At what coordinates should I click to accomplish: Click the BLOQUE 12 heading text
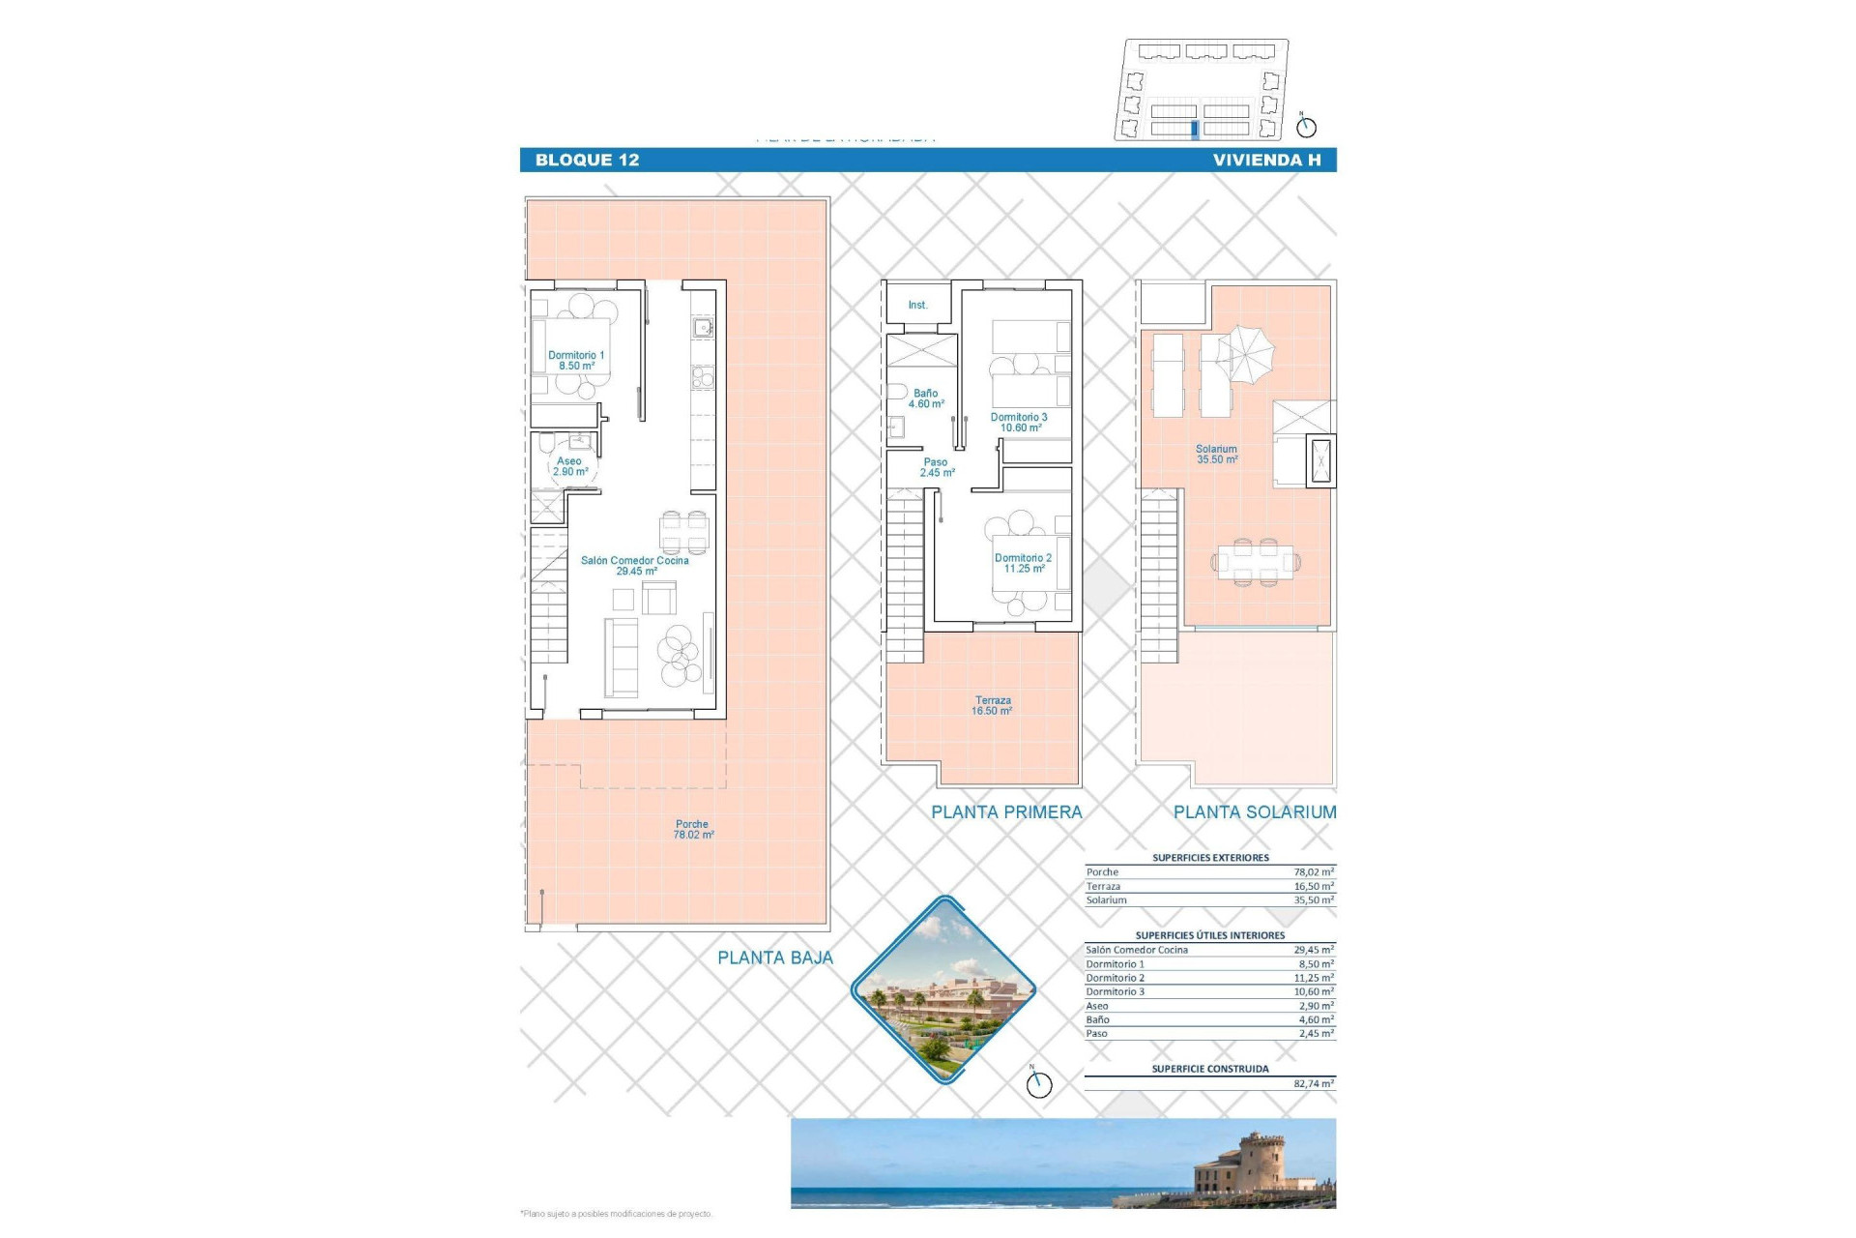pos(587,161)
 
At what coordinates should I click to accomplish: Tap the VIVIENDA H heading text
pos(1266,161)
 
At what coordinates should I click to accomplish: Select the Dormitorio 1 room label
pos(576,361)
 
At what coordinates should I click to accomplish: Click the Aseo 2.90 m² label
pos(570,466)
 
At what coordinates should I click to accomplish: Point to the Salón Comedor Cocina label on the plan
pos(635,566)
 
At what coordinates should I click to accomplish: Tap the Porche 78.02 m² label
pos(693,830)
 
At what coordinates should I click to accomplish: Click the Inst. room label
pos(917,306)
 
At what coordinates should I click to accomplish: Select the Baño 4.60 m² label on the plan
pos(926,398)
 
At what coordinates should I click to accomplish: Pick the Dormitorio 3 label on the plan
pos(1019,423)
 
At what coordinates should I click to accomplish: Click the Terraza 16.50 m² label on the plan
pos(992,706)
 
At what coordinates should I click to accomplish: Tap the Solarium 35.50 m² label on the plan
pos(1216,455)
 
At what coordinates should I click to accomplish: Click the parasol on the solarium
pos(1246,354)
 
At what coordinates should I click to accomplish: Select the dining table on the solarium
pos(1255,562)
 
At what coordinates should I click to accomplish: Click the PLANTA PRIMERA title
pos(1006,812)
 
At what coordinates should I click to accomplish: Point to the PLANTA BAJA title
pos(774,958)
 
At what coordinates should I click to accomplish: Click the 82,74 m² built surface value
pos(1313,1084)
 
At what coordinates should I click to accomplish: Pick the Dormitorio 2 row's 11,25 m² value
pos(1313,978)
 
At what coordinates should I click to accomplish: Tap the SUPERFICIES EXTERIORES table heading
pos(1210,858)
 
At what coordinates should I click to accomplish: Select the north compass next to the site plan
pos(1306,127)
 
